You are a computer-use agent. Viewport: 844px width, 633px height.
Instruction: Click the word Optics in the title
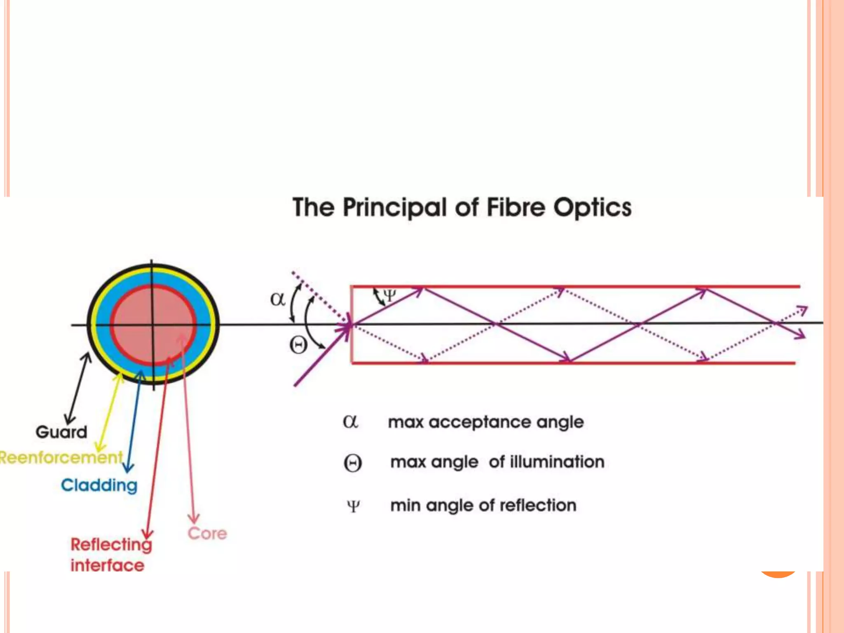click(x=592, y=207)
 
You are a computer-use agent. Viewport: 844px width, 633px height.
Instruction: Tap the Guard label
click(x=61, y=432)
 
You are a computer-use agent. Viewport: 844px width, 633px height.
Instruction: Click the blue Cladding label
click(x=99, y=485)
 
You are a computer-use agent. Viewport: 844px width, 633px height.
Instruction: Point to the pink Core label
click(x=207, y=533)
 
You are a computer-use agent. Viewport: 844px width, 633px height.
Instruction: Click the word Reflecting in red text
click(x=111, y=544)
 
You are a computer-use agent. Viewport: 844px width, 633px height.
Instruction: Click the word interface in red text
click(x=107, y=565)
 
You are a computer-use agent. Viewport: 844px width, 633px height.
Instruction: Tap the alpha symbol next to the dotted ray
click(x=277, y=299)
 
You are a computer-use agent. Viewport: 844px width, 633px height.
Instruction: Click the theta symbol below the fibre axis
click(x=298, y=345)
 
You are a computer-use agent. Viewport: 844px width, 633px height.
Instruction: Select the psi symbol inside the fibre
click(x=389, y=295)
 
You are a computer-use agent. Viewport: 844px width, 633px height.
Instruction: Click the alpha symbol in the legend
click(x=350, y=422)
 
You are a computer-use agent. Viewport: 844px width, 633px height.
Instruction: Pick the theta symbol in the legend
click(x=353, y=463)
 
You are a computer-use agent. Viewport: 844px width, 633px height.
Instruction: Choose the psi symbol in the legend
click(x=353, y=506)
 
